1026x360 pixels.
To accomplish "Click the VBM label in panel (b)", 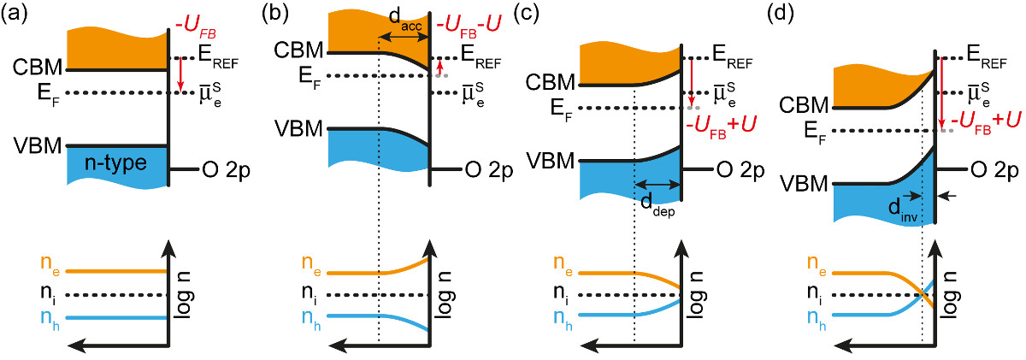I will tap(298, 129).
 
